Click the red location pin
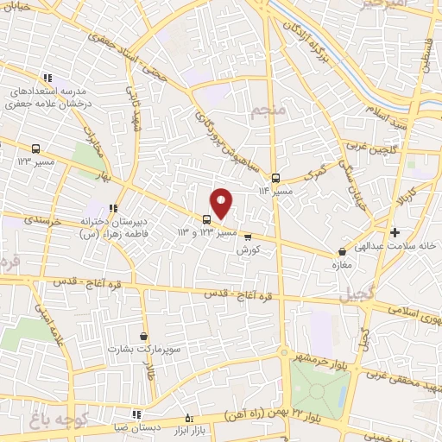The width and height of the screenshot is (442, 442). click(222, 202)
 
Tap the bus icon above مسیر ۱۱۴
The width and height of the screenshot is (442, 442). click(275, 179)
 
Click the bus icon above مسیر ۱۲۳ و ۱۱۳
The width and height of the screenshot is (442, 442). click(206, 219)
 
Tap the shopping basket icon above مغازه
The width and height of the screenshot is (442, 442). click(344, 252)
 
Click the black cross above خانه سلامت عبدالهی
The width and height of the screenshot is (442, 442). click(395, 232)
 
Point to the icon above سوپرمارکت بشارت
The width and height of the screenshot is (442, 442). click(142, 336)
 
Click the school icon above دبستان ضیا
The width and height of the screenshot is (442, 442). click(136, 414)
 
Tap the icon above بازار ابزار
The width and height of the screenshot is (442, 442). click(190, 419)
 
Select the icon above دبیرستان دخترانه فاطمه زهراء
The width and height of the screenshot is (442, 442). click(112, 208)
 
